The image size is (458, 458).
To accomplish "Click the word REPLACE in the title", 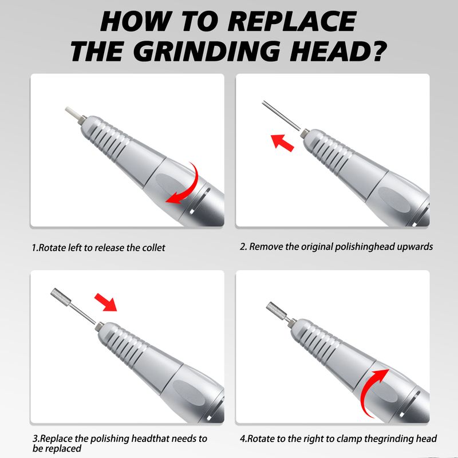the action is [292, 21].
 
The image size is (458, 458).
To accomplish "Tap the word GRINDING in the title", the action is [207, 52].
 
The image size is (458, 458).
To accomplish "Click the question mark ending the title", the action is [377, 51].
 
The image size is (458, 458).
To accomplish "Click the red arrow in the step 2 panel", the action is [282, 143].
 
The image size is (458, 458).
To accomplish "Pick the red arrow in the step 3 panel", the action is [105, 302].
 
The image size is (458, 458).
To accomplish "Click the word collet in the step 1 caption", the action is [153, 248].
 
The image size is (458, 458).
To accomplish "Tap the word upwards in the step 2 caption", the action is [414, 247].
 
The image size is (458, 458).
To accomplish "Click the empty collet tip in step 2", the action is [305, 133].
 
